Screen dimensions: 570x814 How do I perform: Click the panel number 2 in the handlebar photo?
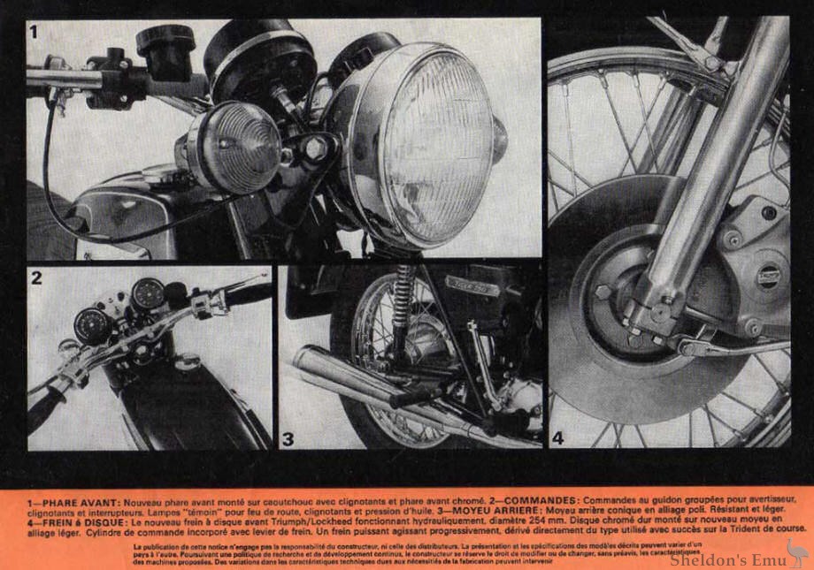click(x=37, y=278)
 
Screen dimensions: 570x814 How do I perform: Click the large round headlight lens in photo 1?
click(x=434, y=146)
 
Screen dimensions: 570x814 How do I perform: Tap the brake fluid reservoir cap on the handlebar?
click(x=165, y=40)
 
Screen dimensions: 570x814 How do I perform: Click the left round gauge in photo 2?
click(x=91, y=325)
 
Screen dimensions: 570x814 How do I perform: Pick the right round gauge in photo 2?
click(x=147, y=293)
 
